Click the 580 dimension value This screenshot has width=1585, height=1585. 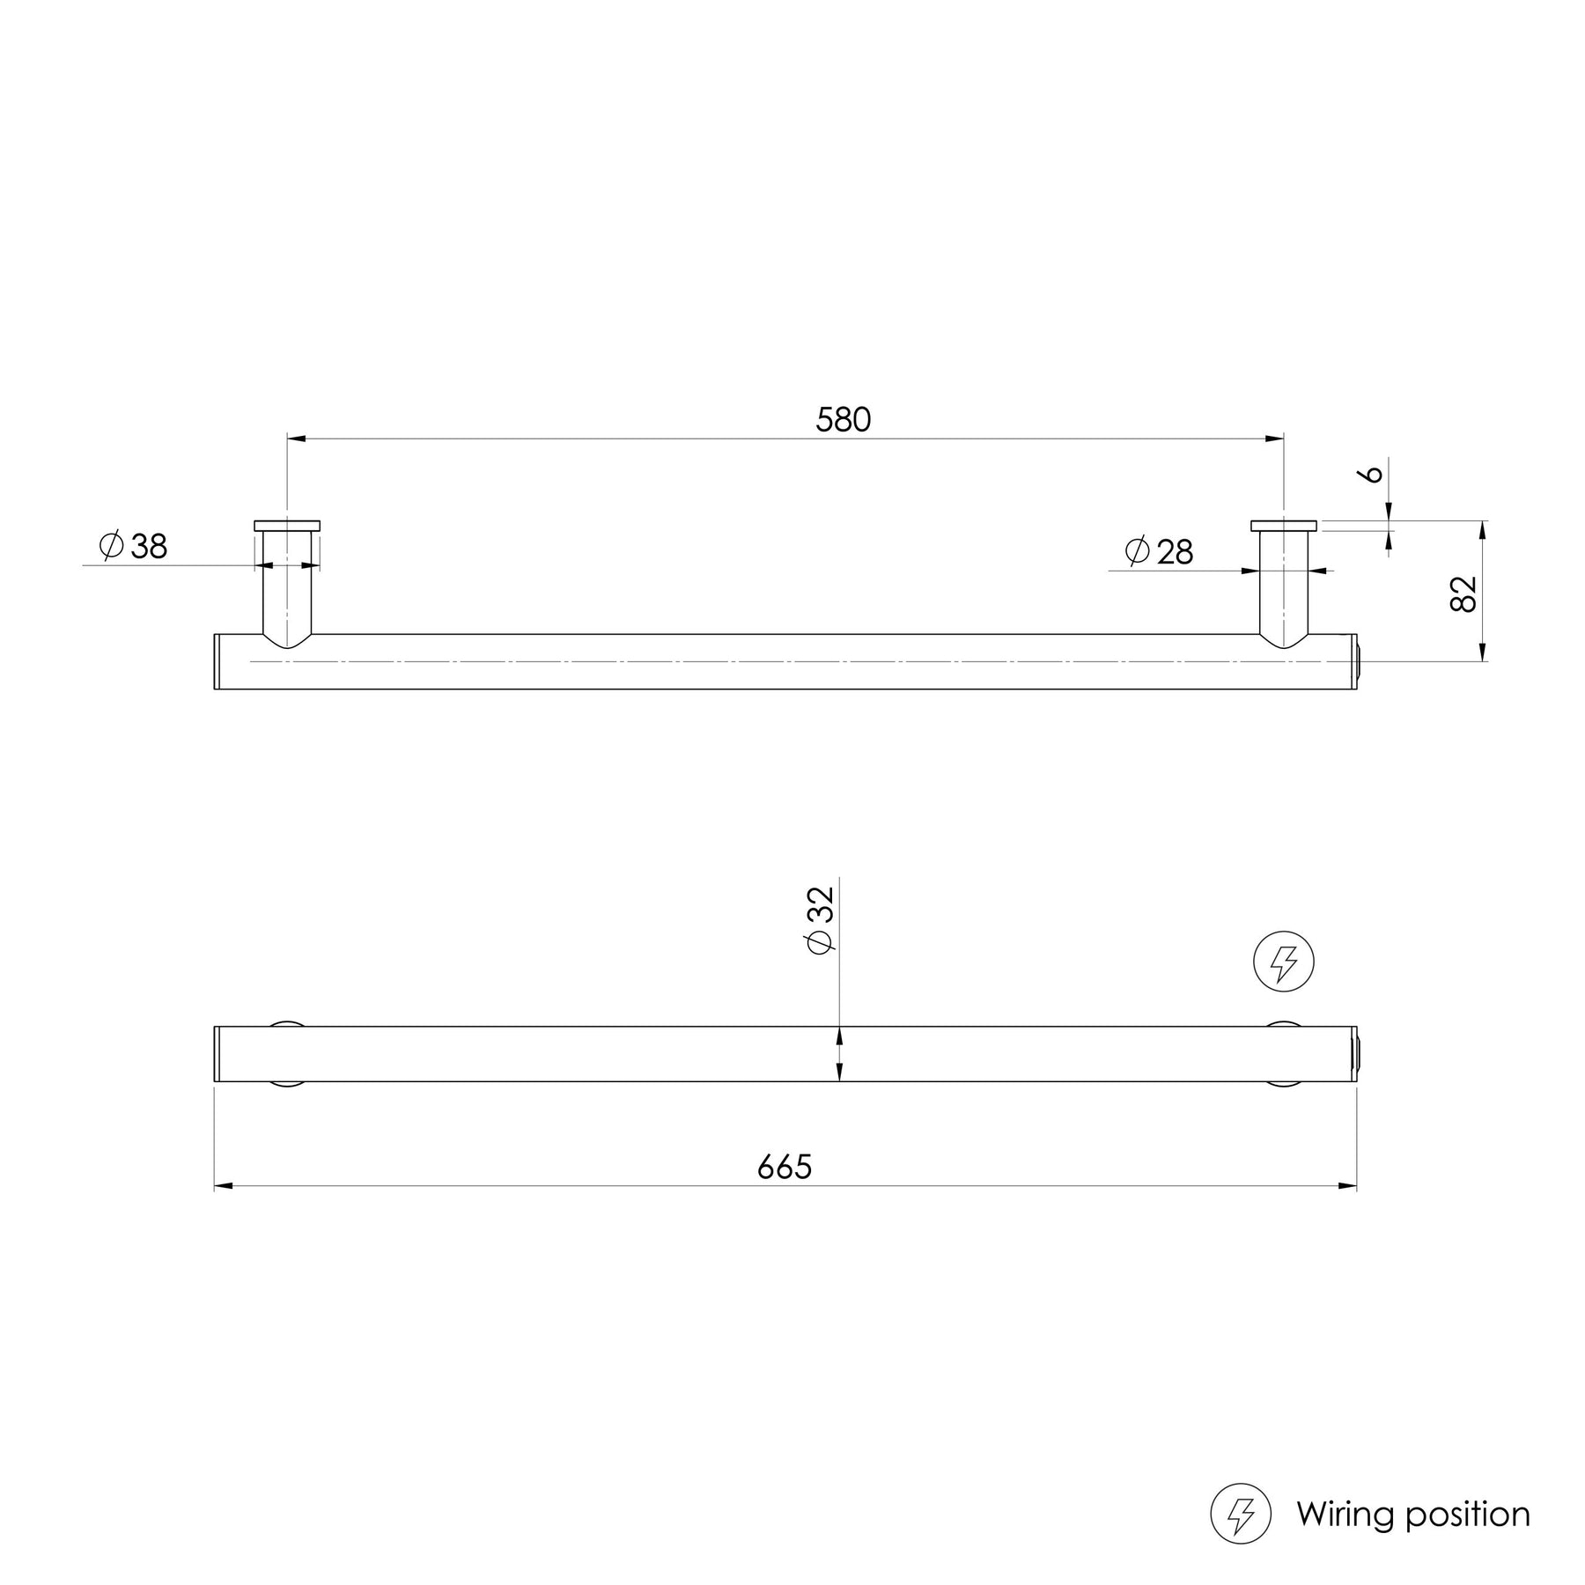[x=843, y=420]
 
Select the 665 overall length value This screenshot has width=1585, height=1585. [x=785, y=1167]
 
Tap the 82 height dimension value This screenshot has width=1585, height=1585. [x=1463, y=593]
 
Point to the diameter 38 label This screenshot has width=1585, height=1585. [x=134, y=547]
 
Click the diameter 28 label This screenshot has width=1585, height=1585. [x=1159, y=552]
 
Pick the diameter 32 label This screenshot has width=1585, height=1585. [x=819, y=919]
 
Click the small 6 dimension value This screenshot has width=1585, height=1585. [x=1371, y=475]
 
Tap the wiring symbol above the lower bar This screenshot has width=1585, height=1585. [x=1284, y=961]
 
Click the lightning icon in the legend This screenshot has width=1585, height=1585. [x=1241, y=1515]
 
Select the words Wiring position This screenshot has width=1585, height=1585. [x=1413, y=1515]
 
